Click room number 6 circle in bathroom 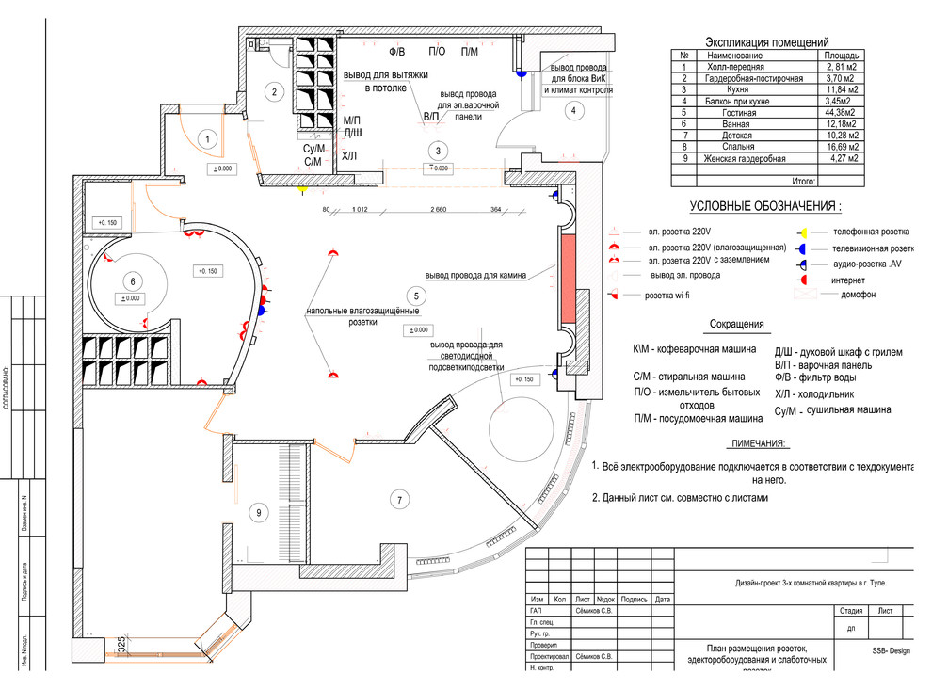132,280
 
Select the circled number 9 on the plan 260,513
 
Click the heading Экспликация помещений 766,42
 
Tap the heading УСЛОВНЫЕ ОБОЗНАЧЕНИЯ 765,206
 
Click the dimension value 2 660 438,209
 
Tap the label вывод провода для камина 474,276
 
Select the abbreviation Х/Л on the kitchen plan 349,156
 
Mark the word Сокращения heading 738,325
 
